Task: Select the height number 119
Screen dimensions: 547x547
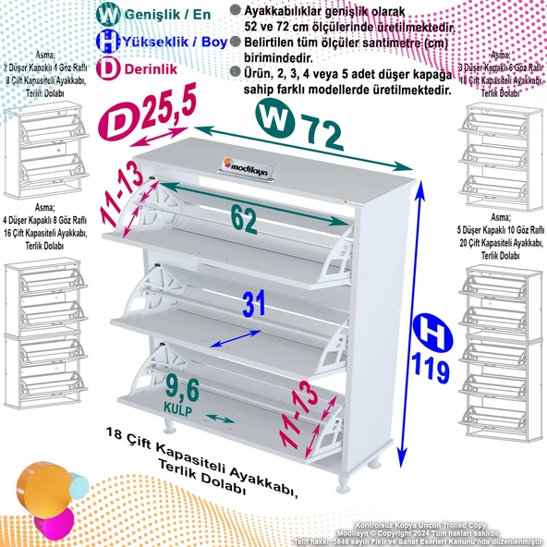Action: (x=432, y=371)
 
